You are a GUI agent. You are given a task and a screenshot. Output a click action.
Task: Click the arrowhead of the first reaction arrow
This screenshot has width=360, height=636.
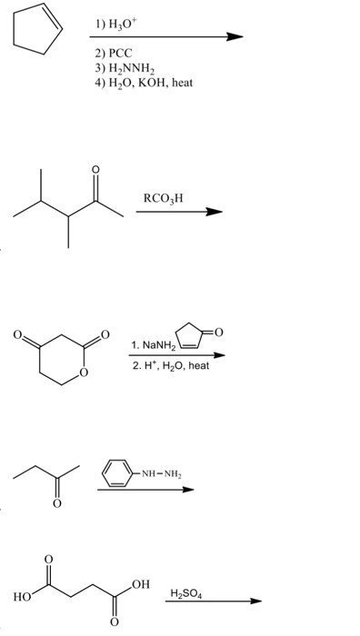tap(236, 37)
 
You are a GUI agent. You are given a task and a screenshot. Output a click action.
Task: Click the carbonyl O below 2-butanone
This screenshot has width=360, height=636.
tap(56, 504)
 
